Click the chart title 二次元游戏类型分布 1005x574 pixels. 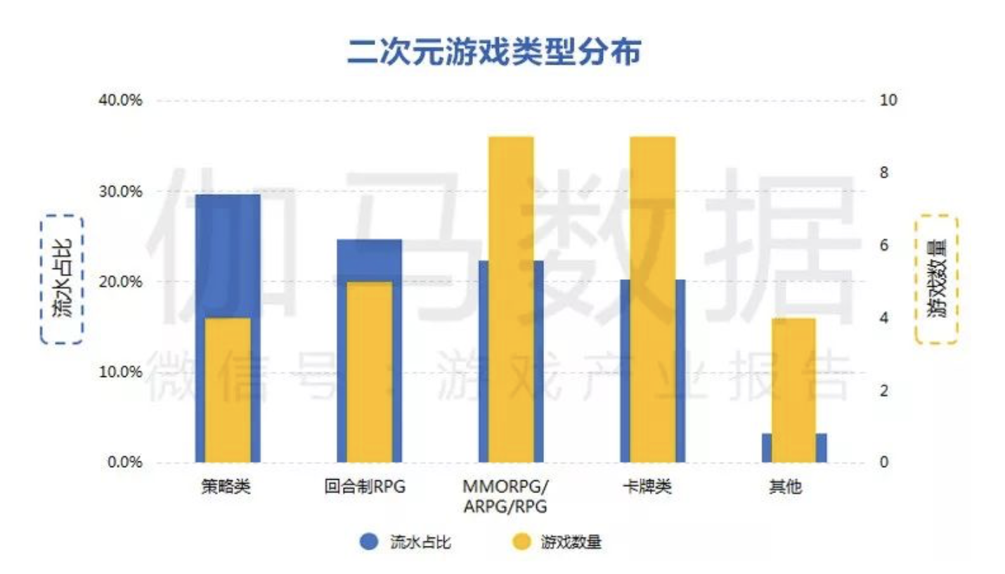coord(493,53)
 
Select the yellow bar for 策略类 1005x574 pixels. coord(227,390)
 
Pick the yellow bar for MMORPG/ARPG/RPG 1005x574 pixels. coord(511,299)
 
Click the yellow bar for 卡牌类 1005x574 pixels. coord(652,299)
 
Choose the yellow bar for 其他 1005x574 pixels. coord(794,390)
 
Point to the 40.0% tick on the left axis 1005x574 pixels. coord(122,101)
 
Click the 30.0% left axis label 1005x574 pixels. coord(122,191)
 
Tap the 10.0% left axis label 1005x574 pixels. coord(122,372)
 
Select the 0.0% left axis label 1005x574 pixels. coord(125,463)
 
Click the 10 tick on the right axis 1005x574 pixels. coord(888,101)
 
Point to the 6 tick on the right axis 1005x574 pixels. coord(884,245)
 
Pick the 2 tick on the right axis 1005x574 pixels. coord(884,390)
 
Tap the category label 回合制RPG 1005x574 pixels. coord(365,487)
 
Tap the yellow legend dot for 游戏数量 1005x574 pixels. coord(521,542)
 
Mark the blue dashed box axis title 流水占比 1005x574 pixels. coord(62,279)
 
